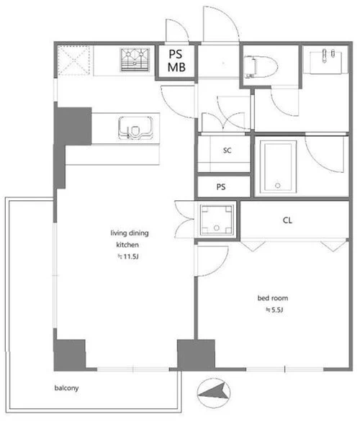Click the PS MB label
pyautogui.click(x=176, y=60)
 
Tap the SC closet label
pyautogui.click(x=227, y=151)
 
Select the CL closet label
pyautogui.click(x=287, y=220)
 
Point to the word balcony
pyautogui.click(x=66, y=388)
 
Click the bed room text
pyautogui.click(x=273, y=298)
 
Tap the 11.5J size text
pyautogui.click(x=128, y=256)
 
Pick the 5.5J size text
pyautogui.click(x=274, y=310)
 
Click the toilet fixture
pyautogui.click(x=261, y=67)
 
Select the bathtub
pyautogui.click(x=278, y=166)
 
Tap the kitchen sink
pyautogui.click(x=135, y=128)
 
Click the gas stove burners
pyautogui.click(x=135, y=60)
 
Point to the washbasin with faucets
pyautogui.click(x=325, y=62)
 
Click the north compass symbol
pyautogui.click(x=214, y=392)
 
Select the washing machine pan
pyautogui.click(x=216, y=220)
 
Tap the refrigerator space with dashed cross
pyautogui.click(x=73, y=60)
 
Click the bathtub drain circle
pyautogui.click(x=278, y=185)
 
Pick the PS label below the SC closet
pyautogui.click(x=221, y=187)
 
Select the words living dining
pyautogui.click(x=130, y=233)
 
